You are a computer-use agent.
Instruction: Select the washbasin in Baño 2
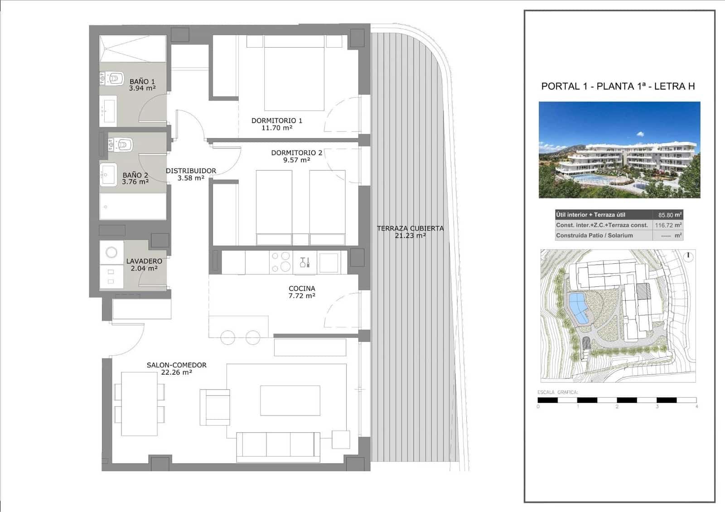pos(109,174)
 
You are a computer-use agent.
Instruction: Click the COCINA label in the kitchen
pos(302,288)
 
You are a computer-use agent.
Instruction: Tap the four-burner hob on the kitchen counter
pos(280,262)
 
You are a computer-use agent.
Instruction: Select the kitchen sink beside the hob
pos(304,262)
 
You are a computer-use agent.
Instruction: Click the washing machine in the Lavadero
pos(111,252)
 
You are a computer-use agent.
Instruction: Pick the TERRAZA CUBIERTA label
pos(410,228)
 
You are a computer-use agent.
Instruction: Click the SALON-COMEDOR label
pos(176,365)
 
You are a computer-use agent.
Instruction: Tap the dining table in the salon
pos(139,403)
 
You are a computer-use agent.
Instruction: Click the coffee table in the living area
pos(290,401)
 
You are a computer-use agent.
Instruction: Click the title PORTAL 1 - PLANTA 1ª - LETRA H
pos(618,86)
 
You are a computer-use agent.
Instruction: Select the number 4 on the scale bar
pos(696,406)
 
